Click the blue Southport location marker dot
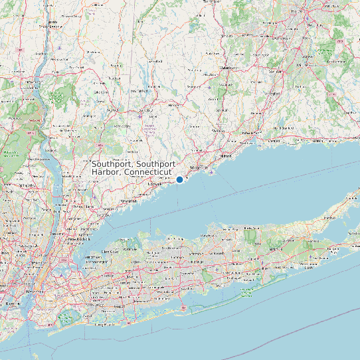click(x=179, y=179)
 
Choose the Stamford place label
click(x=128, y=201)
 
